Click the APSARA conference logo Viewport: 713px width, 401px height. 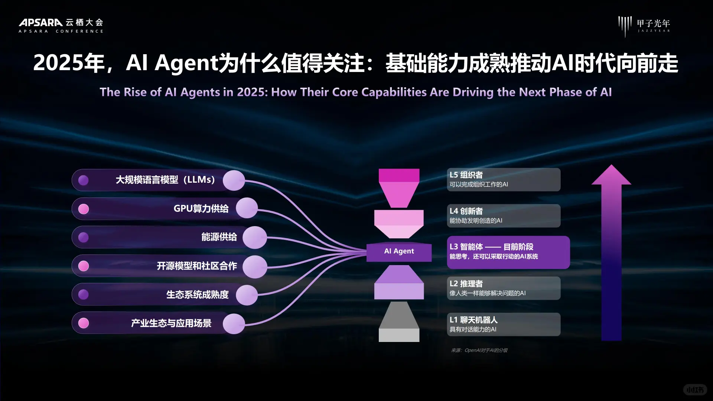[x=61, y=25]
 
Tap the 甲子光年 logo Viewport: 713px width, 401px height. [x=644, y=25]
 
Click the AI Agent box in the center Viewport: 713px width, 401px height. [x=399, y=251]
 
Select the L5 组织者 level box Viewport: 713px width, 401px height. [x=503, y=180]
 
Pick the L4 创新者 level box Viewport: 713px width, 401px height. [x=503, y=216]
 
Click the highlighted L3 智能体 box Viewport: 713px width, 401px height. [x=508, y=252]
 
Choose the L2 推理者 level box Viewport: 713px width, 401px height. [x=503, y=288]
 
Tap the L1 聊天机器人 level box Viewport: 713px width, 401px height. [x=503, y=325]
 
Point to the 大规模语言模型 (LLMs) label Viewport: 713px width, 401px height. [x=165, y=180]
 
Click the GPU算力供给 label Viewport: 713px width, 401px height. [x=201, y=209]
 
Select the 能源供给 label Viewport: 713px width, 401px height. [x=219, y=237]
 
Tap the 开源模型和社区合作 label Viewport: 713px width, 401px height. [x=197, y=266]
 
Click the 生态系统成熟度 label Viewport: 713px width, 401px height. [x=197, y=295]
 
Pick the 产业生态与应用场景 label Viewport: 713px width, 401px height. [x=171, y=323]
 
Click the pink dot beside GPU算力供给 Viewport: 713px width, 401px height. [x=84, y=209]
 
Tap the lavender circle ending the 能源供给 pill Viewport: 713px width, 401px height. [x=255, y=238]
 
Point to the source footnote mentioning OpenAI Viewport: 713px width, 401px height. [x=479, y=350]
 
